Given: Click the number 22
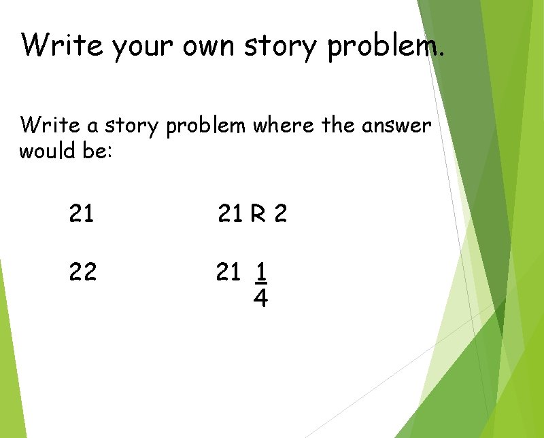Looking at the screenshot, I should [82, 273].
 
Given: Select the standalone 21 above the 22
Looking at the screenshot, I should [82, 215].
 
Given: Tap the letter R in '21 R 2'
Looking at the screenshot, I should [257, 215].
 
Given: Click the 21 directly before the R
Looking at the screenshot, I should [229, 215].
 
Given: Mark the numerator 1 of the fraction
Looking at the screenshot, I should [260, 272].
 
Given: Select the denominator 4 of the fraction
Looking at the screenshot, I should [260, 297].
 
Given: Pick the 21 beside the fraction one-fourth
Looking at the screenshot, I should [228, 273].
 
